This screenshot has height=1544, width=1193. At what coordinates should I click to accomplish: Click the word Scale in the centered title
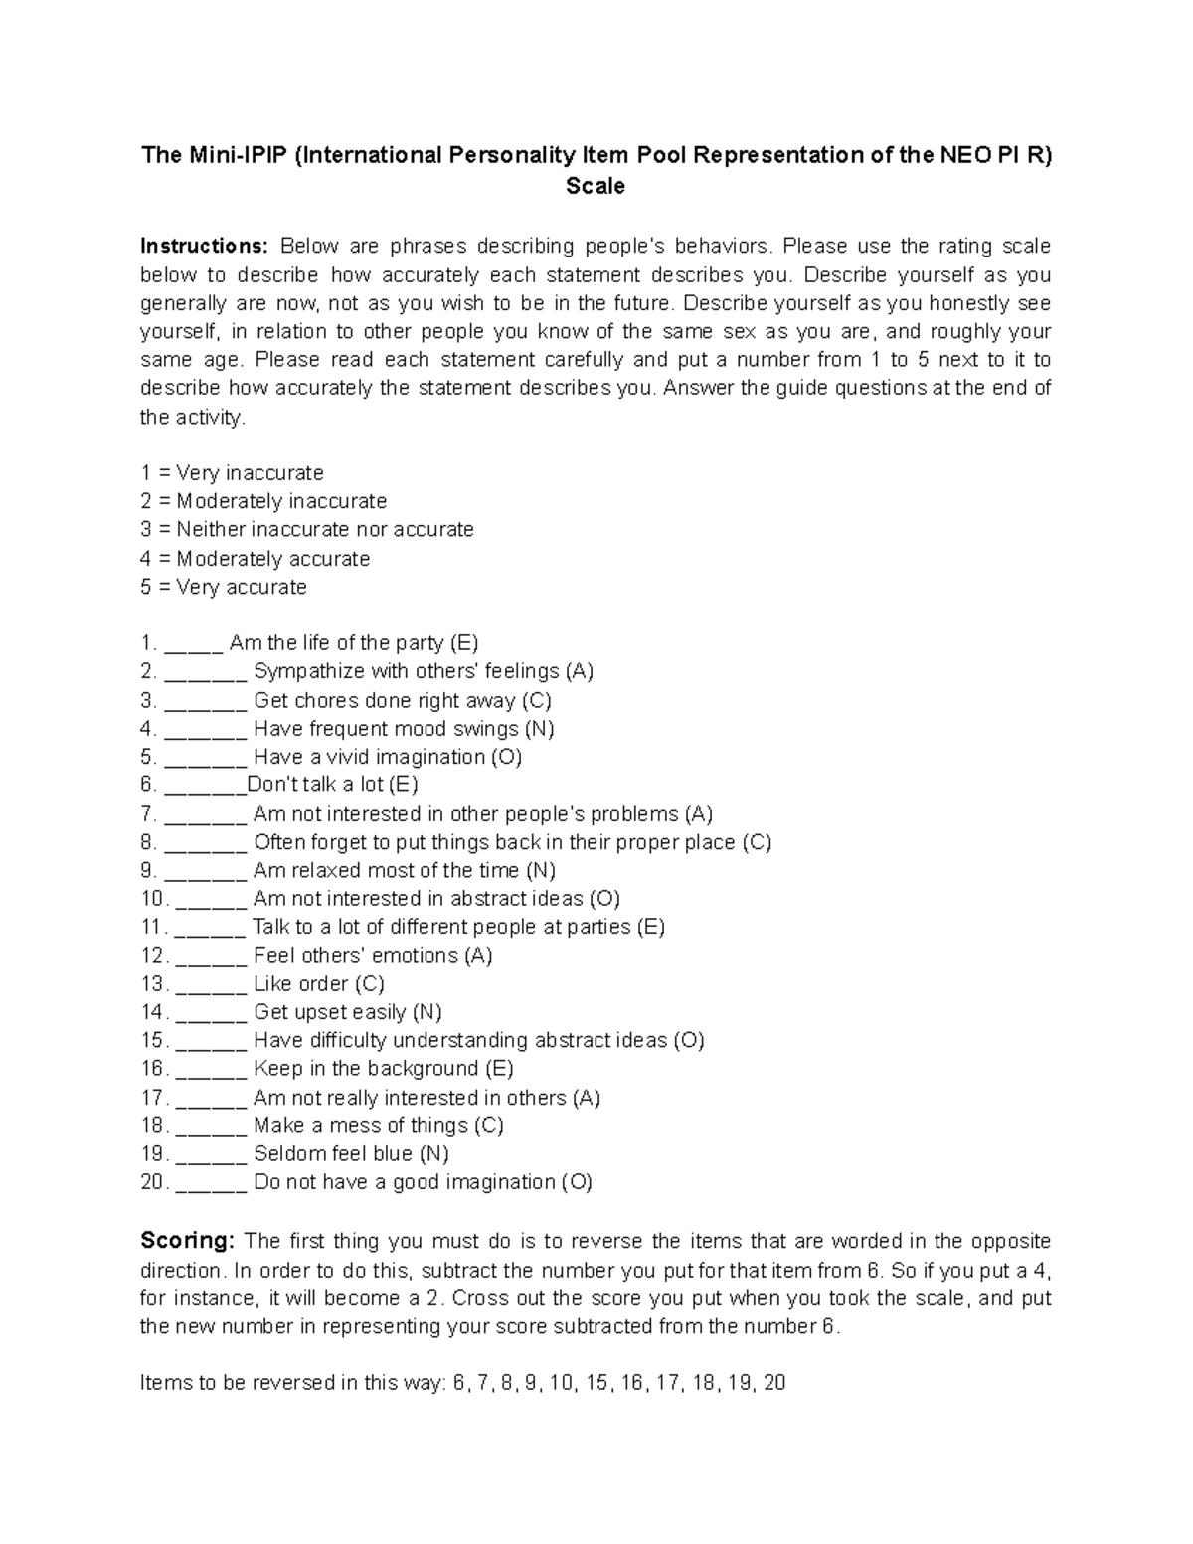click(x=595, y=186)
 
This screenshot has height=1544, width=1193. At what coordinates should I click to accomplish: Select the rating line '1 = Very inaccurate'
click(x=232, y=473)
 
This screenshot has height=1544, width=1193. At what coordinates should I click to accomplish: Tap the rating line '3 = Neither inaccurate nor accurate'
click(x=306, y=529)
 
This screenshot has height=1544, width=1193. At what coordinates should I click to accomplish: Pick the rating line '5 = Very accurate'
click(x=224, y=587)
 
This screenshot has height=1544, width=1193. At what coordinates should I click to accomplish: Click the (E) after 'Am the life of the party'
click(x=464, y=643)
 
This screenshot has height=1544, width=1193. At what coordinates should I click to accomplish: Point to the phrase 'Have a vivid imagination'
click(x=369, y=757)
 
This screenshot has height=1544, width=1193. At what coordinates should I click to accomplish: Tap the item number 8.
click(x=148, y=842)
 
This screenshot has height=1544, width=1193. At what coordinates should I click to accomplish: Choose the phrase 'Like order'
click(x=300, y=983)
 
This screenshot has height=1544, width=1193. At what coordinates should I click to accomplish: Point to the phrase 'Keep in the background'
click(x=366, y=1069)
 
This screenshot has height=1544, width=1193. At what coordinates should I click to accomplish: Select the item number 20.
click(x=154, y=1182)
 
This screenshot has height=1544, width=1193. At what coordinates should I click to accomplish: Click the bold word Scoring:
click(x=186, y=1241)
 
